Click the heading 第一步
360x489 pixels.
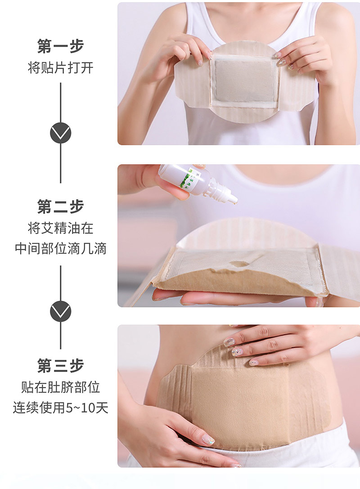point(60,46)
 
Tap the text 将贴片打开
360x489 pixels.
point(60,68)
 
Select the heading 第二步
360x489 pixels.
point(60,206)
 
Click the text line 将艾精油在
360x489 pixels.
point(60,228)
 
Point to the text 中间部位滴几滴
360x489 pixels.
point(60,249)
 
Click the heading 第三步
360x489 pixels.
point(60,366)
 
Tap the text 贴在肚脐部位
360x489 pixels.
point(60,387)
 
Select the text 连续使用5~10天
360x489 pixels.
point(60,408)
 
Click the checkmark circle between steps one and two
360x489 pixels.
point(60,133)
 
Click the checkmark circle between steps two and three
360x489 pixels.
point(60,311)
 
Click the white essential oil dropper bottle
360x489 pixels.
point(189,180)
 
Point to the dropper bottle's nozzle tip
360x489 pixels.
point(234,201)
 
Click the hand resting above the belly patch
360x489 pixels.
point(279,344)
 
